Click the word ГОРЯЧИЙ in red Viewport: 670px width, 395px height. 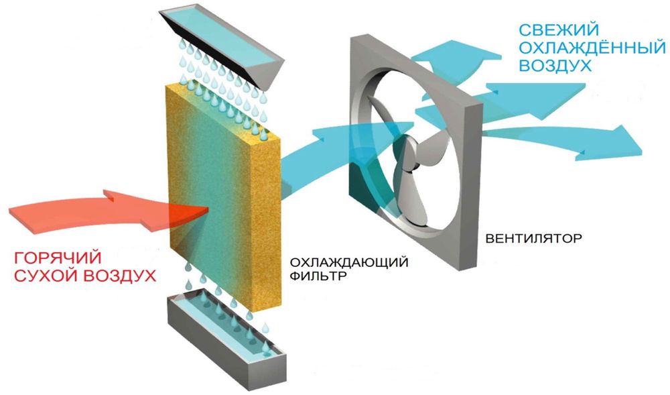click(58, 258)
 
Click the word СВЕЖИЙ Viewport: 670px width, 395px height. click(559, 30)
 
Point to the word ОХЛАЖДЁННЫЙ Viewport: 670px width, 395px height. click(592, 48)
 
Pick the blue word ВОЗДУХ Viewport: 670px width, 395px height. click(555, 66)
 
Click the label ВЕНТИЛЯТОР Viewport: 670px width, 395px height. click(534, 238)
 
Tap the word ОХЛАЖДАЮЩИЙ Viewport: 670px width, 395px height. click(348, 262)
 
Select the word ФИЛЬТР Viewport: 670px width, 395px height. click(318, 276)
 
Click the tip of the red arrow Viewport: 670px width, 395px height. click(208, 209)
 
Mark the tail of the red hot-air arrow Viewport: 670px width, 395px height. click(10, 214)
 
